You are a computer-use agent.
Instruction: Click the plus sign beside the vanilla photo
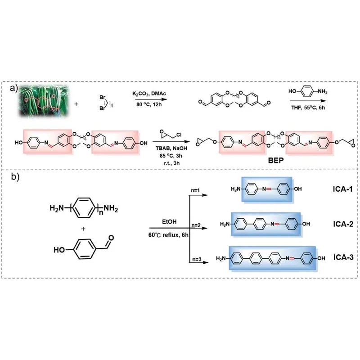click(75, 104)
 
